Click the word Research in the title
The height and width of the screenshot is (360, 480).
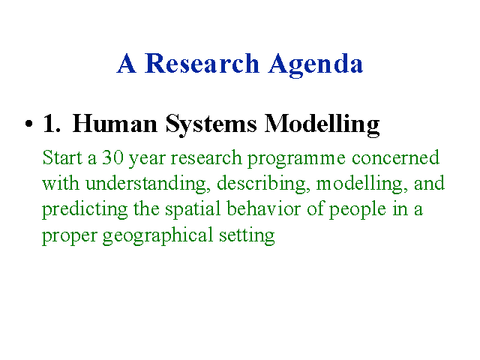coord(202,63)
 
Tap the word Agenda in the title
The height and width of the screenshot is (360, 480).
coord(316,65)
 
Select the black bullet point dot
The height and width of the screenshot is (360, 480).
coord(28,124)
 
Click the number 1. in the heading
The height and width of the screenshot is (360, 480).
coord(51,123)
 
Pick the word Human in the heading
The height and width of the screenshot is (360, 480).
coord(115,123)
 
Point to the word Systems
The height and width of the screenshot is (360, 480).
coord(211,125)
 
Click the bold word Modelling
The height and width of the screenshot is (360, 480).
coord(322,125)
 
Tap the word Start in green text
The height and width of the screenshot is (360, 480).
coord(62,157)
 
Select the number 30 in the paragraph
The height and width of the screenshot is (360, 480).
coord(112,157)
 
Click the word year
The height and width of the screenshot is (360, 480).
coord(147,159)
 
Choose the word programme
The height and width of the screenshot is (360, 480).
coord(296,159)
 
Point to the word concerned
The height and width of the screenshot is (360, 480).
coord(395,157)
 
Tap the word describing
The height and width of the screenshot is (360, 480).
coord(262,184)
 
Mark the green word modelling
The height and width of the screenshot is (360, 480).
coord(360,184)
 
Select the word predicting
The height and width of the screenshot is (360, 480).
coord(85,210)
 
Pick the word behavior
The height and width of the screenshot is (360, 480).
coord(263,208)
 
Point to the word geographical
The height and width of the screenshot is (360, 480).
coord(157,236)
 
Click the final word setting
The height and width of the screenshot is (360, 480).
coord(247,236)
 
